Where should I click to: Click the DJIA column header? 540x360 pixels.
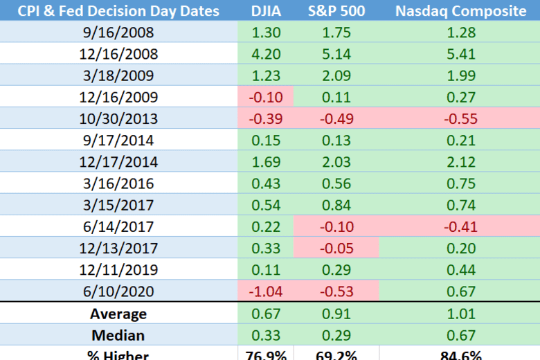(x=266, y=11)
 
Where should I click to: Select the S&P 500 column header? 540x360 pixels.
(x=336, y=11)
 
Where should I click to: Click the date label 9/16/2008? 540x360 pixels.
(x=118, y=32)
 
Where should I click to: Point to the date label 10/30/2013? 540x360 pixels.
(x=118, y=118)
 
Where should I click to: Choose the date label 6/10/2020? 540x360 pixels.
(x=118, y=291)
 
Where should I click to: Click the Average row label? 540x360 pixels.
(x=118, y=314)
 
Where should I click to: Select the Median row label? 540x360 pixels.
(x=118, y=335)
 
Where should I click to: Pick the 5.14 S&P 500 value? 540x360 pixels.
(x=336, y=53)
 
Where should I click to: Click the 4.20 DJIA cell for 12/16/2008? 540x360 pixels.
(x=266, y=53)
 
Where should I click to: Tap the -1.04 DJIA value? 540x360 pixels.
(x=266, y=291)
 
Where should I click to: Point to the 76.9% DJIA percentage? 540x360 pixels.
(x=266, y=355)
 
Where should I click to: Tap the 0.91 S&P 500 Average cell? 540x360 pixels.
(x=336, y=314)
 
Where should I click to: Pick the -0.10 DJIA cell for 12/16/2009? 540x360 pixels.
(x=266, y=97)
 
